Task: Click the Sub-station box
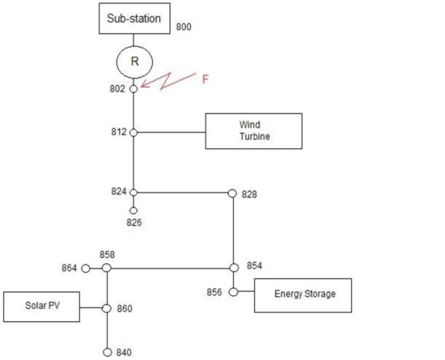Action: coord(134,19)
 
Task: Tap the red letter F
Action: coord(205,79)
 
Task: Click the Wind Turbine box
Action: coord(253,131)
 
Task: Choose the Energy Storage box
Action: coord(304,294)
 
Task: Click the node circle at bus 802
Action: coord(133,88)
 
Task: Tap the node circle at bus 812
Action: coord(133,132)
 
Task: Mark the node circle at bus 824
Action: coord(133,193)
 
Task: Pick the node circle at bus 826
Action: coord(133,210)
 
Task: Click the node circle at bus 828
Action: coord(233,193)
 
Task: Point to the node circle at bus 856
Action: coord(233,292)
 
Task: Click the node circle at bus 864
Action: coord(86,268)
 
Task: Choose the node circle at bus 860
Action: coord(107,308)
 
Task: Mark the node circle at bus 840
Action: coord(107,353)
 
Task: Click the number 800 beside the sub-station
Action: coord(184,27)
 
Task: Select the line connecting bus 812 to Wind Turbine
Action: coord(170,132)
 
